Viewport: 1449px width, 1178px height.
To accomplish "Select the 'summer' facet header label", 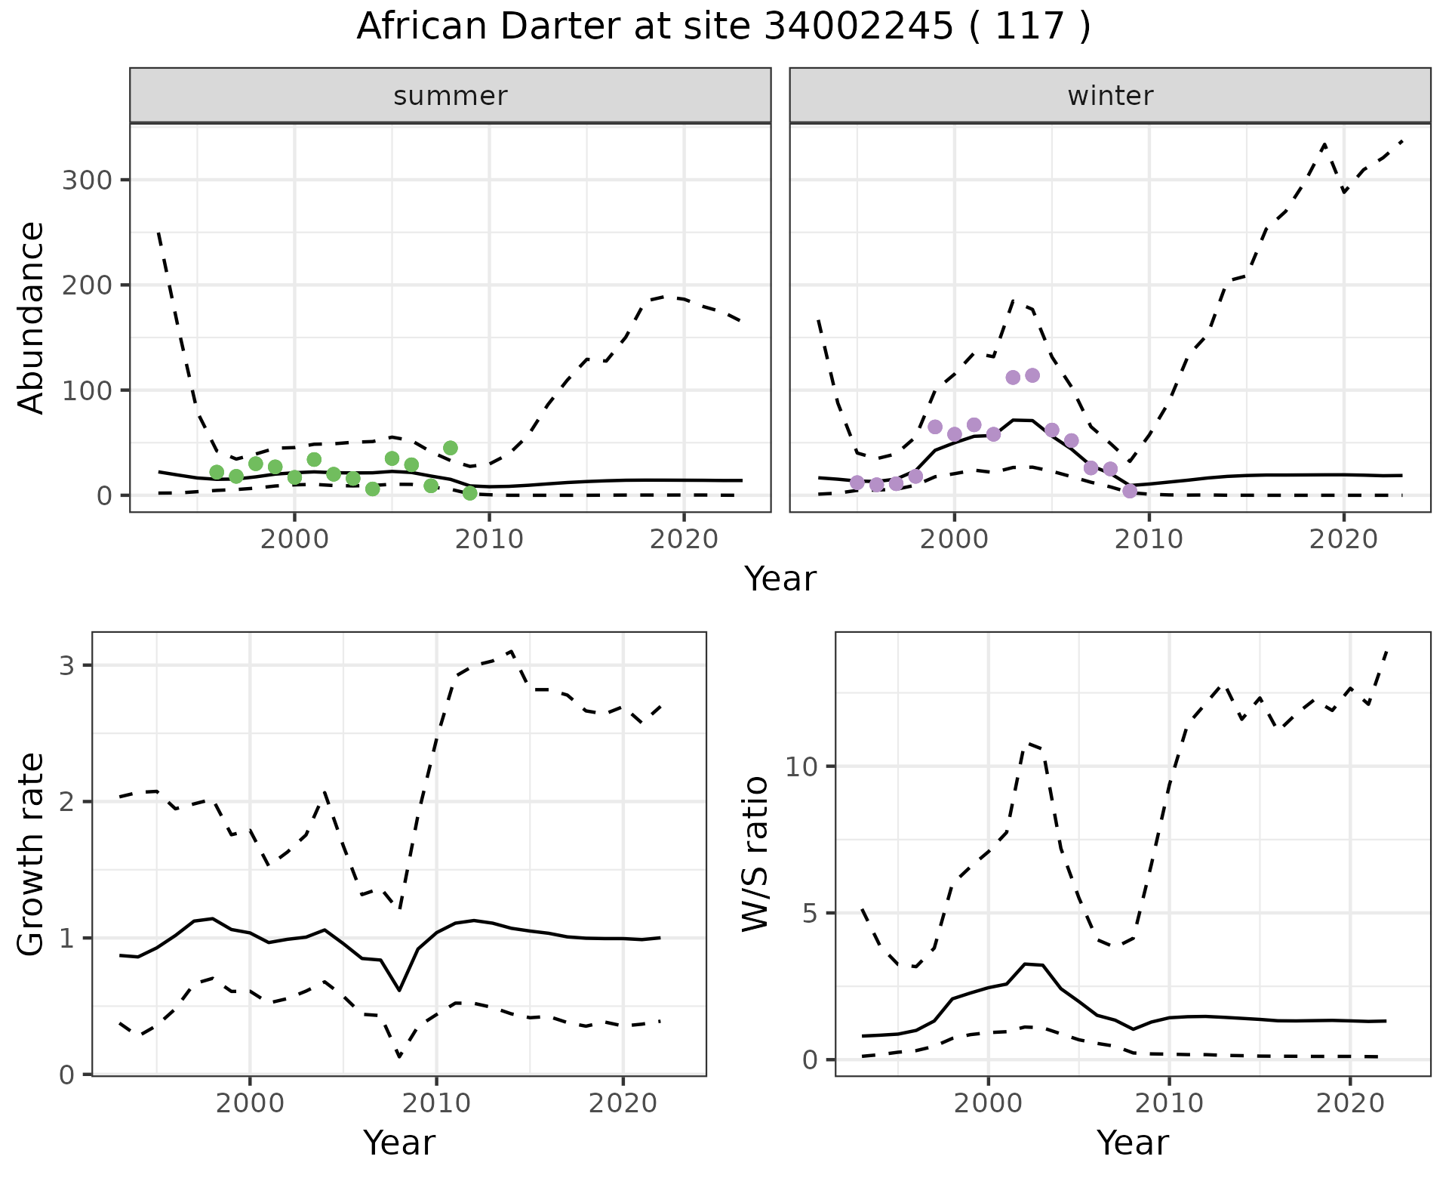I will [451, 96].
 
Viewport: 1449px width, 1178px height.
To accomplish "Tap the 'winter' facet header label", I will [1110, 96].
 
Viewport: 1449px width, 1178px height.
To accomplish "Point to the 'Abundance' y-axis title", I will [32, 318].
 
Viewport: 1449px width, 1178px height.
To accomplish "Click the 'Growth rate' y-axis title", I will [32, 854].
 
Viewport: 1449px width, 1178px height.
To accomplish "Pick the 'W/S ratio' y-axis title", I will [755, 854].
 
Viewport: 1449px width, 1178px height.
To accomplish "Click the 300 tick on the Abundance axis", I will [86, 180].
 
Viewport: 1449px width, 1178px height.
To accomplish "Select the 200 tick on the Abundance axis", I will [86, 285].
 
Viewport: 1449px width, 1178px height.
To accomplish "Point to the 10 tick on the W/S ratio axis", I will [801, 767].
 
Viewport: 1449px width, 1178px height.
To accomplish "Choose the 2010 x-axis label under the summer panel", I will [489, 540].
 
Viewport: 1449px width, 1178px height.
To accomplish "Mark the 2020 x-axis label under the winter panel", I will [1343, 540].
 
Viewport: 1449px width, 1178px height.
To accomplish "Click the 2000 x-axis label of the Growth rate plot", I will [250, 1103].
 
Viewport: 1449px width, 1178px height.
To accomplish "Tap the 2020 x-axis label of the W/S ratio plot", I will [1350, 1103].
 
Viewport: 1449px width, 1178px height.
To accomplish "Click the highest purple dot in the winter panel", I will [1032, 375].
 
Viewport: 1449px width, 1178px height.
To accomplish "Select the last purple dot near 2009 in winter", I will [1130, 492].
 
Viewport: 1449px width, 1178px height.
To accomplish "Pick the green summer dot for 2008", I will [451, 449].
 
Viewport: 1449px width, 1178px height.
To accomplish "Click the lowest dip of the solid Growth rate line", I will [399, 990].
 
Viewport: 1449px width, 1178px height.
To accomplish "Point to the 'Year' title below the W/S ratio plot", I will [1132, 1143].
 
